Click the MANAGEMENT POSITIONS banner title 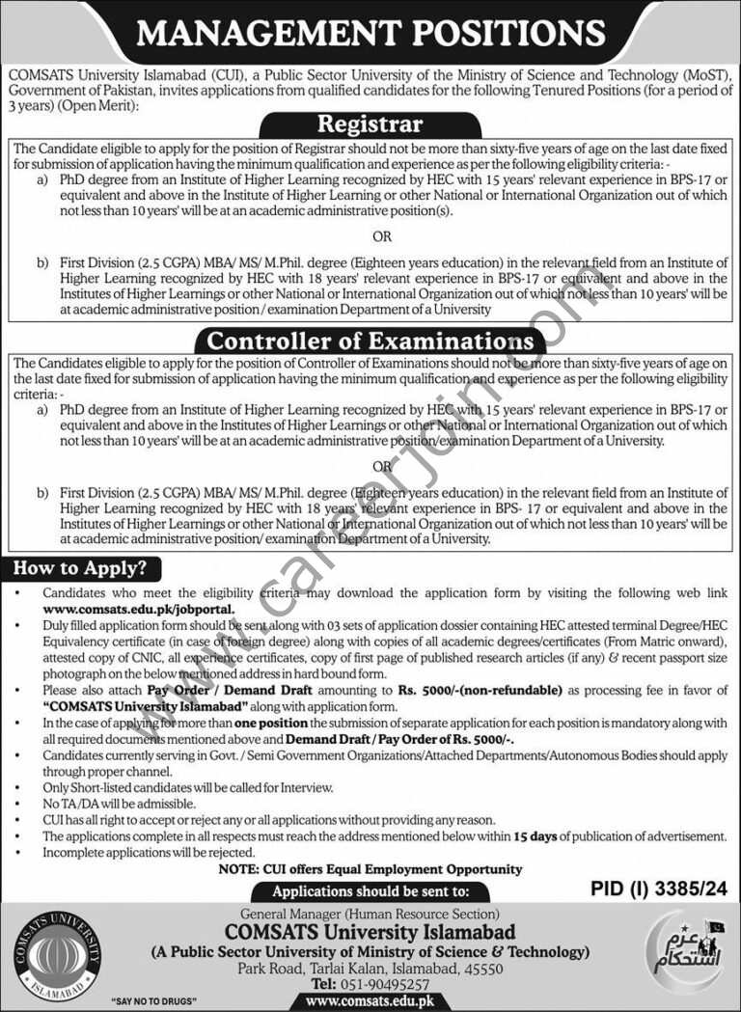[x=370, y=35]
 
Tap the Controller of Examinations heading [x=370, y=341]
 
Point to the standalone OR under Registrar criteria [x=382, y=236]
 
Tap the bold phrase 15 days [x=535, y=836]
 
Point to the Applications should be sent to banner [x=370, y=891]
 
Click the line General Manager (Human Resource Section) [x=370, y=913]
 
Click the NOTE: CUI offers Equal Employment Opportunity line [x=370, y=869]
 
